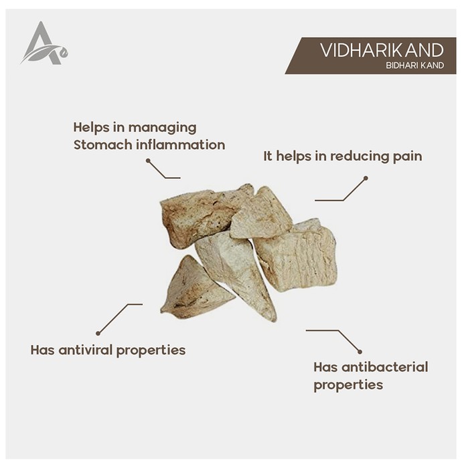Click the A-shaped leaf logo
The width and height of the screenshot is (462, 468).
point(44,43)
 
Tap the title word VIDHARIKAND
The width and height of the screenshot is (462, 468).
point(382,50)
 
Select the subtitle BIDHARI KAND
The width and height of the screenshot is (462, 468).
point(414,66)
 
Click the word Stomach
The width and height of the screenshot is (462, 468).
point(103,145)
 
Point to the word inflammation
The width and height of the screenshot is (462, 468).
point(181,145)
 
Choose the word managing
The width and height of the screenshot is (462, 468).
point(162,128)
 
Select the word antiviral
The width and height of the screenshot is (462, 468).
point(86,350)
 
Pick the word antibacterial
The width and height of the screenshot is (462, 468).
point(385,367)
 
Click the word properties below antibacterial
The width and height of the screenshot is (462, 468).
point(348,385)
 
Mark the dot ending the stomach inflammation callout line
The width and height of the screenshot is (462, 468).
point(148,160)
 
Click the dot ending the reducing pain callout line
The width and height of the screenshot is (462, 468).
point(366,179)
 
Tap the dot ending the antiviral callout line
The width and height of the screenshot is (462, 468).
point(98,333)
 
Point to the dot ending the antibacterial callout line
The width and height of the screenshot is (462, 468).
point(360,352)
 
